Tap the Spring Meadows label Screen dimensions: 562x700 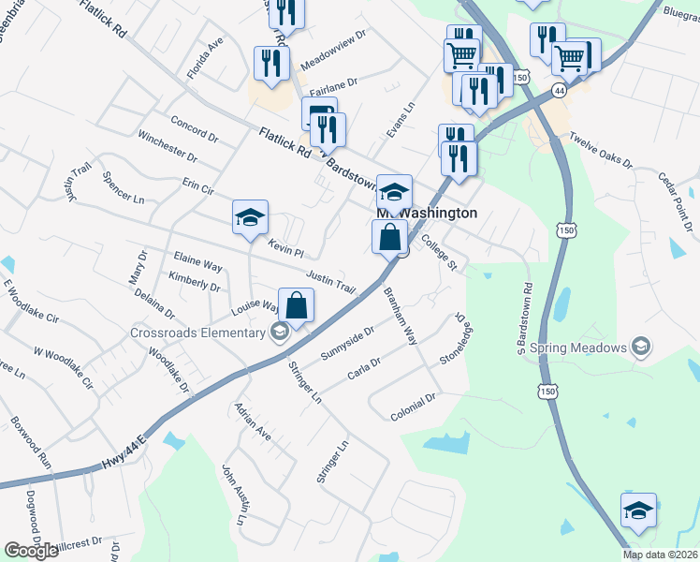(578, 348)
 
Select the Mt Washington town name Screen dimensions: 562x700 (427, 214)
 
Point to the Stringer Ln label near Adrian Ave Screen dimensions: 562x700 (305, 382)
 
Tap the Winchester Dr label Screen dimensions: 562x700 (167, 145)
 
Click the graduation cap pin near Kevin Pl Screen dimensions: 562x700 (250, 218)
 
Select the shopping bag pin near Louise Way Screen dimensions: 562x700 (296, 306)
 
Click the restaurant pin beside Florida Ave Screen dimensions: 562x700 (270, 64)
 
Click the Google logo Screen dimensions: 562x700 (31, 551)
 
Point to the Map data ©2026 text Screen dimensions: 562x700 (660, 555)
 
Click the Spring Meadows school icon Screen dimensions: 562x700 (641, 348)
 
